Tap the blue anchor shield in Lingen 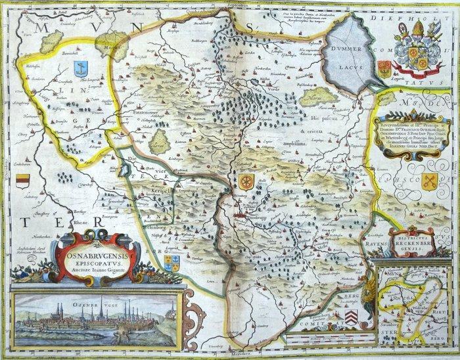coord(81,68)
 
